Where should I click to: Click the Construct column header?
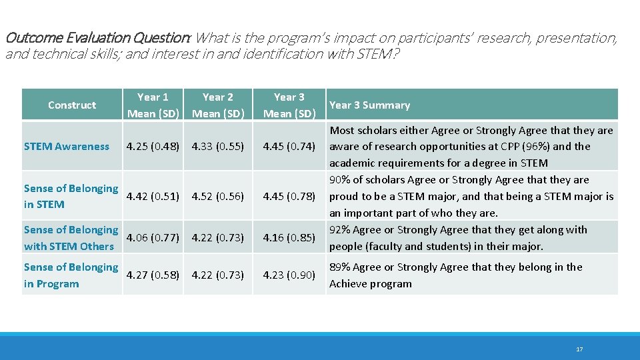coord(72,105)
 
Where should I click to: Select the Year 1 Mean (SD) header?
coord(153,105)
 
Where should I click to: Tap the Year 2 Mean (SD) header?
coord(218,105)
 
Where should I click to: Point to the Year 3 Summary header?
coord(369,105)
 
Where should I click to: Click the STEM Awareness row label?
coord(67,147)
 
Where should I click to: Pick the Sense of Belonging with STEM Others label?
coord(71,238)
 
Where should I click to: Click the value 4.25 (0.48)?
coord(153,147)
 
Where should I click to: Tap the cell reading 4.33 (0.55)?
coord(218,147)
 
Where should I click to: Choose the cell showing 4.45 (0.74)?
coord(289,147)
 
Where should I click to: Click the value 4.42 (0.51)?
coord(153,196)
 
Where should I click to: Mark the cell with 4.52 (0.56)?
coord(218,196)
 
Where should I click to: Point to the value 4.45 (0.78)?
coord(289,196)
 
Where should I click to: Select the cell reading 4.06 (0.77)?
coord(153,237)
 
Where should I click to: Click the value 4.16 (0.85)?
coord(289,237)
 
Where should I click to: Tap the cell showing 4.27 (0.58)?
coord(153,275)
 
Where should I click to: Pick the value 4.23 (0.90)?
coord(289,275)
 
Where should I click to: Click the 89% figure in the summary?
coord(340,267)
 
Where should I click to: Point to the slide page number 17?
coord(579,349)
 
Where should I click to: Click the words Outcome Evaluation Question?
coord(97,38)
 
